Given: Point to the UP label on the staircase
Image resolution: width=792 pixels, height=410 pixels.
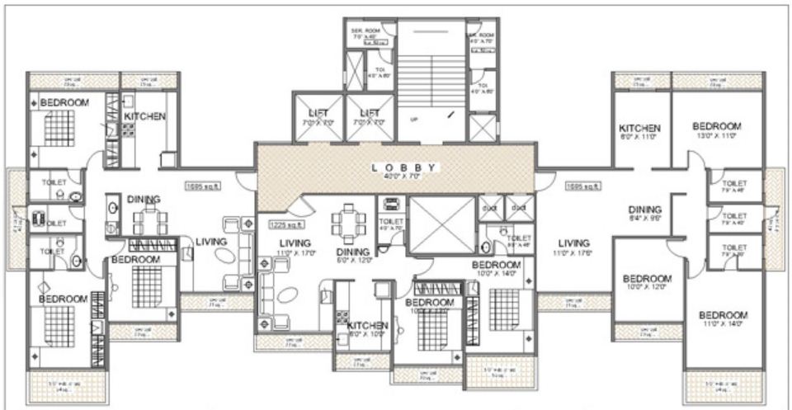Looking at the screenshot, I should pyautogui.click(x=414, y=119).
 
